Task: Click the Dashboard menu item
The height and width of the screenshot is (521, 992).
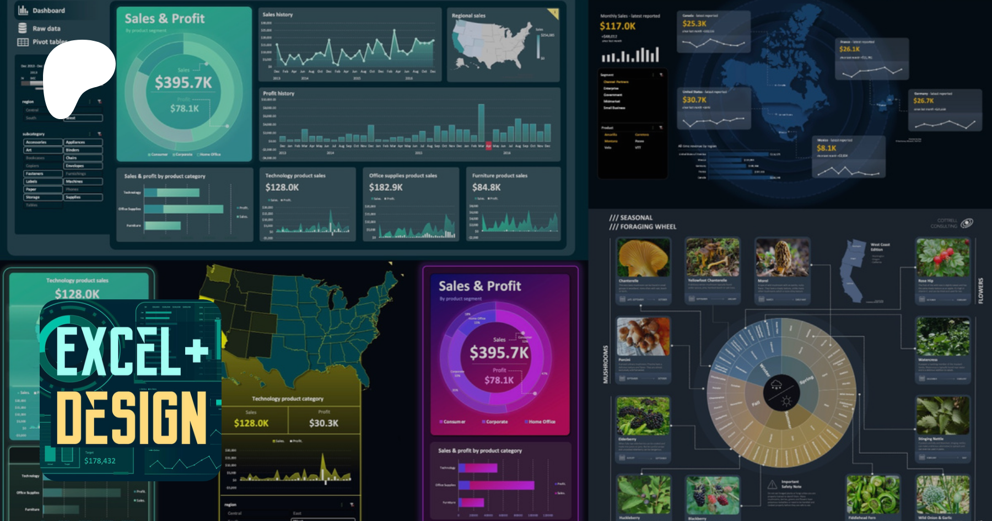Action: (48, 10)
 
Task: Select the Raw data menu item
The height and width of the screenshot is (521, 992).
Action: (46, 28)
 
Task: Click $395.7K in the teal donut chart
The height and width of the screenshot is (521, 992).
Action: (183, 83)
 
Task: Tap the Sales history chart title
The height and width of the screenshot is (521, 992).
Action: (278, 14)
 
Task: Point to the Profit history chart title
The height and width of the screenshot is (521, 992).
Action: (279, 93)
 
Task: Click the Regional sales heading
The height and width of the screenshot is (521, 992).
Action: (468, 15)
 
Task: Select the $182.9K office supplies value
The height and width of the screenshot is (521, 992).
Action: (386, 187)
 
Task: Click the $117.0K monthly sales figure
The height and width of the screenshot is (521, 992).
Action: (617, 26)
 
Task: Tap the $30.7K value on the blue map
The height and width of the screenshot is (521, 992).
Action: (694, 100)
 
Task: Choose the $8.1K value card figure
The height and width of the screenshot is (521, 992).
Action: (827, 148)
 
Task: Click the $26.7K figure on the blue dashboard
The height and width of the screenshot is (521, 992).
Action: (924, 100)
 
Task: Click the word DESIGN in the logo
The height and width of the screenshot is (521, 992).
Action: (131, 417)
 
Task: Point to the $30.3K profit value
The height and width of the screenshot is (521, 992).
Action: (324, 423)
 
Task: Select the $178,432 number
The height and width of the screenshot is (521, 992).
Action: (100, 460)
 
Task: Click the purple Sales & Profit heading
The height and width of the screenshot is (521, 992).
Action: (479, 286)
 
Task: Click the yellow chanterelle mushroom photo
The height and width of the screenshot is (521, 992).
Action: (643, 258)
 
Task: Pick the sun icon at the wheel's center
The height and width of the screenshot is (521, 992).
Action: (786, 401)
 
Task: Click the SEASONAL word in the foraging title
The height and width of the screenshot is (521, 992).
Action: (636, 218)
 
